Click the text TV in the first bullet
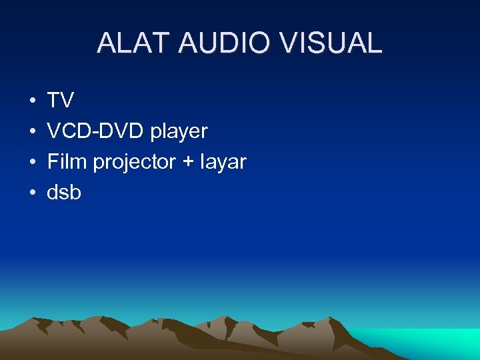(60, 101)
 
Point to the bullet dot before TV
(32, 101)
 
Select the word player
(179, 132)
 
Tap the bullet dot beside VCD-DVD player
(32, 132)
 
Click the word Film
(67, 162)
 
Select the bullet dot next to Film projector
(32, 163)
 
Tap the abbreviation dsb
(64, 193)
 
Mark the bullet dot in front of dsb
(32, 193)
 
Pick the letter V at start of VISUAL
(289, 43)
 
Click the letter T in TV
(53, 101)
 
